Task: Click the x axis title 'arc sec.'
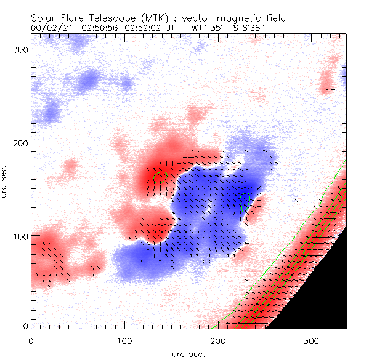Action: (x=188, y=353)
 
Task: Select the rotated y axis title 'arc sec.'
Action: (x=6, y=182)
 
